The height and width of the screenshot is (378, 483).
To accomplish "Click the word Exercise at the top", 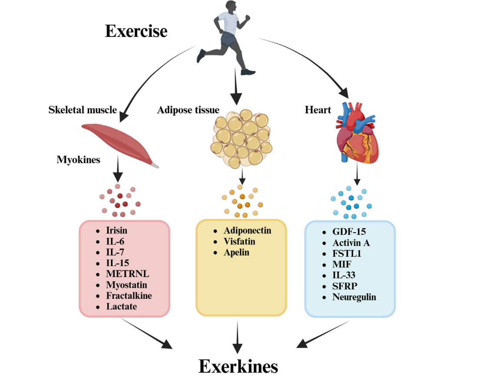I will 136,31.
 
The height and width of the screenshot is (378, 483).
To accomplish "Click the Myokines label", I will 78,160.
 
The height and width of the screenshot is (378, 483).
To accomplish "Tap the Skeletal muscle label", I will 82,110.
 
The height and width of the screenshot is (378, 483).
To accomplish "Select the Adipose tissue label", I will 188,110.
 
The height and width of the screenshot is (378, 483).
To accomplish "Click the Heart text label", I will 318,110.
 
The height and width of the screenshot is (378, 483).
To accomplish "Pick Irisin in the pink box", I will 117,230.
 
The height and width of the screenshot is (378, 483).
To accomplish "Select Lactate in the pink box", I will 122,306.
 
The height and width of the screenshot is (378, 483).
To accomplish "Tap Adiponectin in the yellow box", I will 247,230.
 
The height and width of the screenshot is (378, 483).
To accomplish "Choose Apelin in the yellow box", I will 237,252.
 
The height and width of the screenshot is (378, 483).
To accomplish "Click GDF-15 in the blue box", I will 349,232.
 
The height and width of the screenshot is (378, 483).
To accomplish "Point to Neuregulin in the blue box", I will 354,297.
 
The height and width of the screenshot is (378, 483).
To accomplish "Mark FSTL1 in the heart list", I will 346,253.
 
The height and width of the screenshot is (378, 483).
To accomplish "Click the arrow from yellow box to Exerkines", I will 237,336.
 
